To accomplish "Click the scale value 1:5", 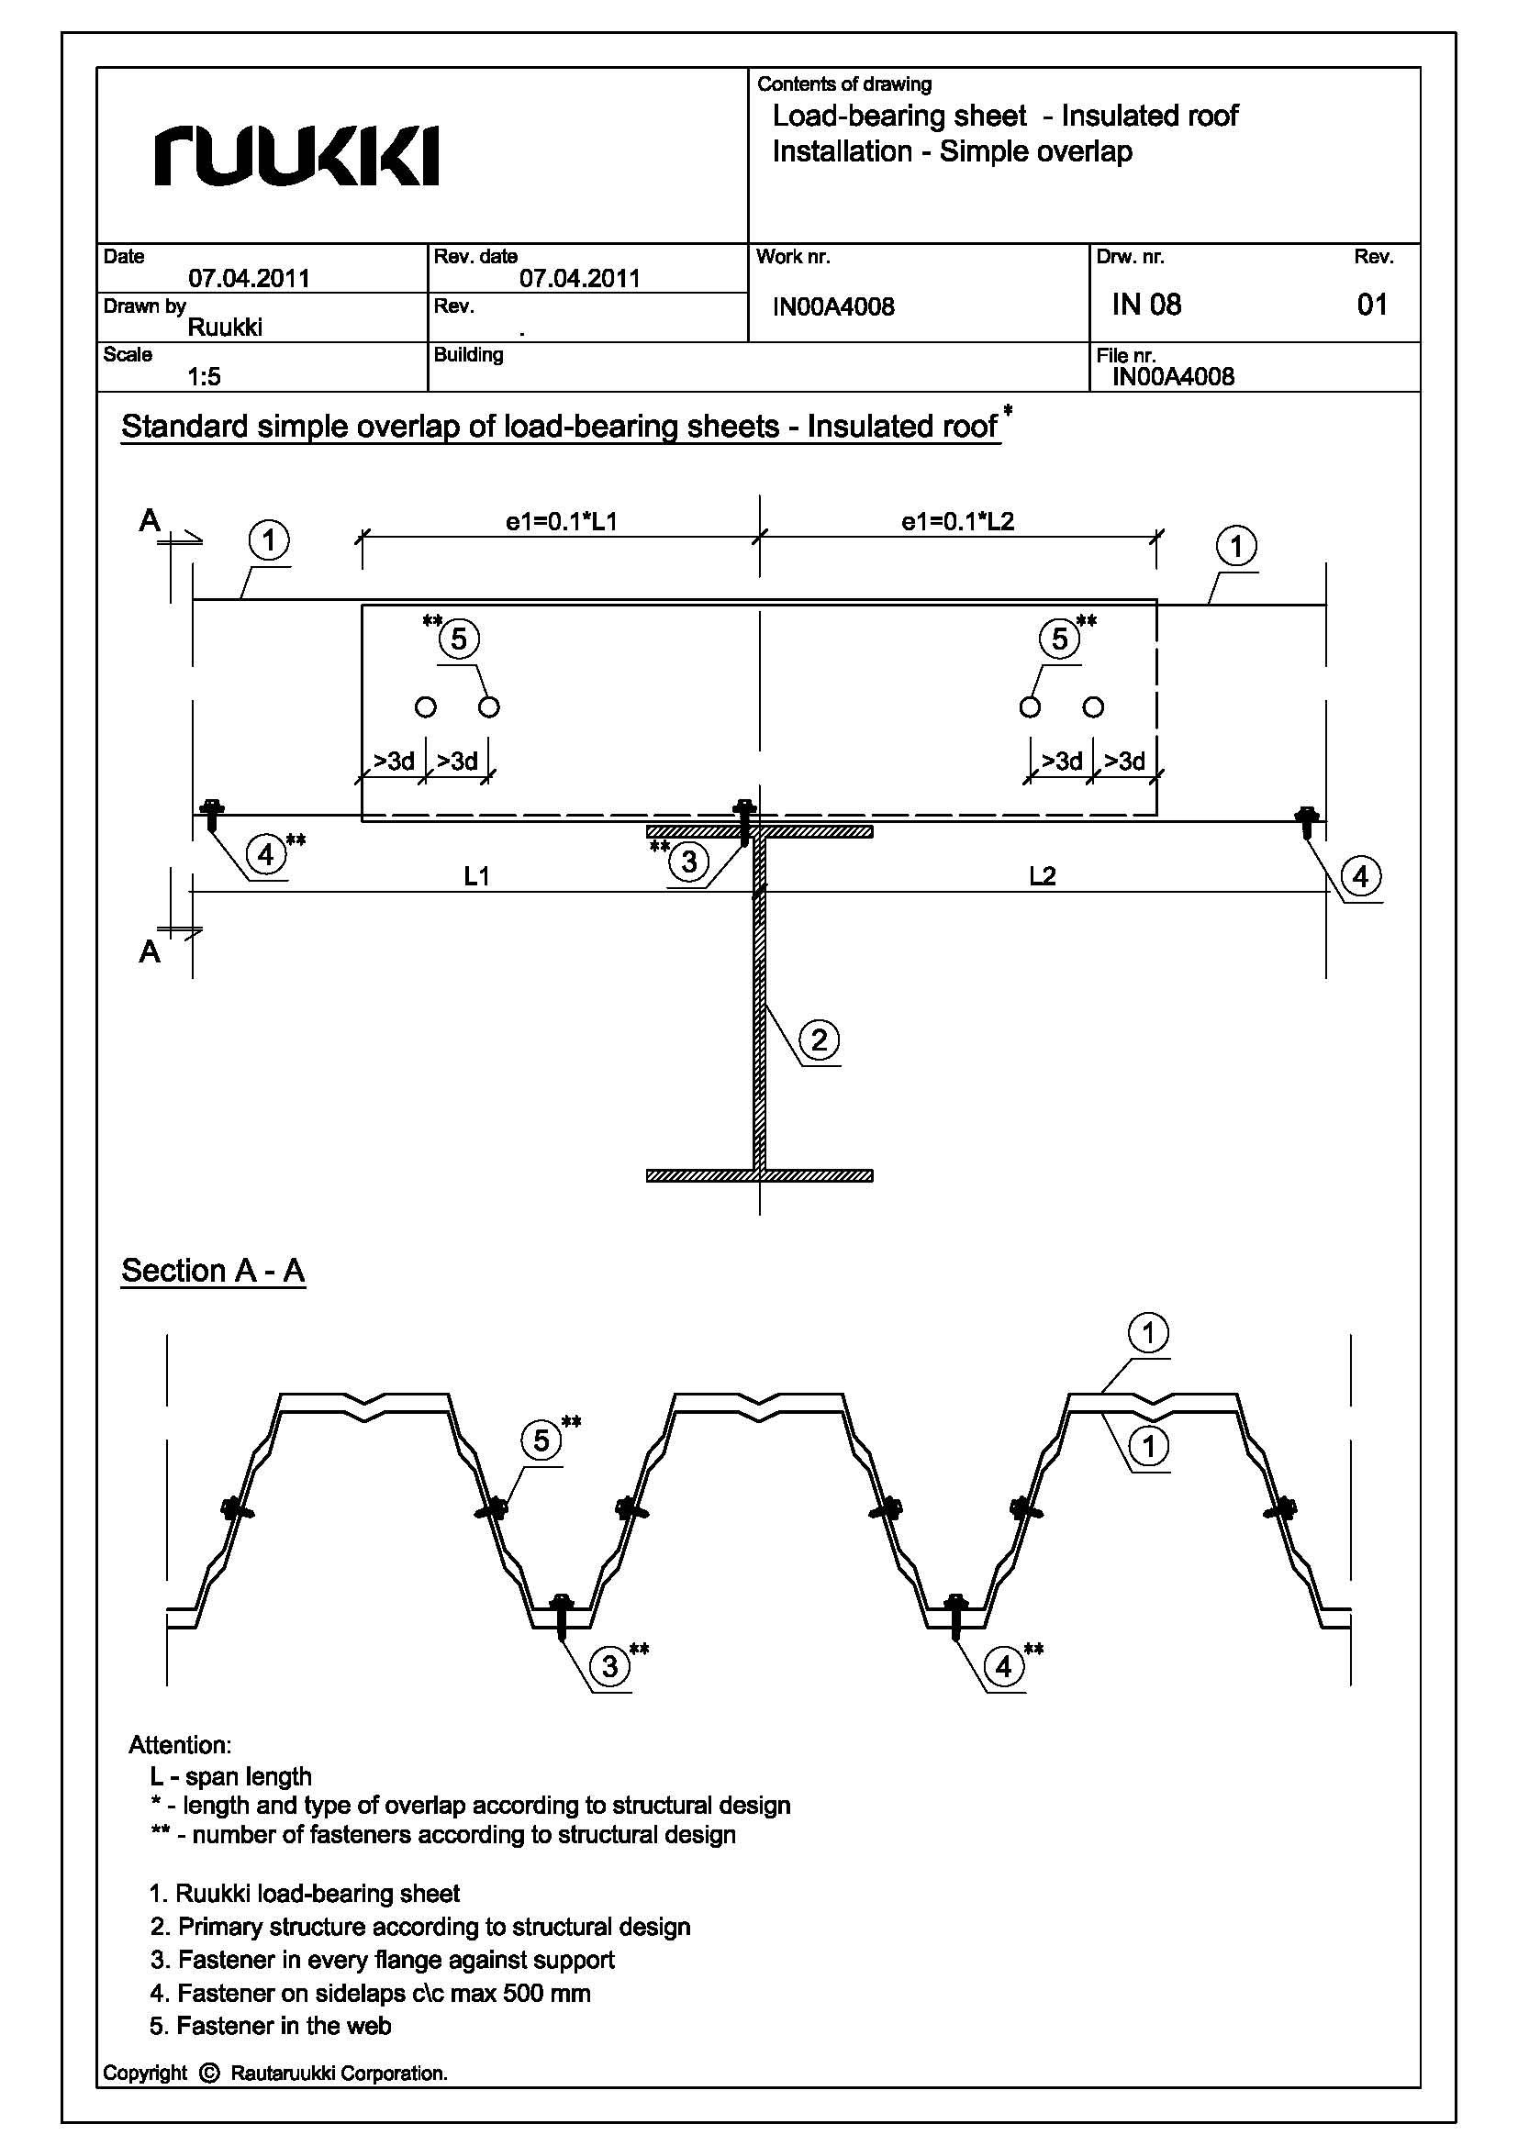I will [x=204, y=377].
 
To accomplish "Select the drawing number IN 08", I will [x=1146, y=305].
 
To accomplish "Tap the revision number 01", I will [x=1371, y=305].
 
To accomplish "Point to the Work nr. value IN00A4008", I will [x=832, y=306].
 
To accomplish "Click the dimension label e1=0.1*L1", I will [x=561, y=521].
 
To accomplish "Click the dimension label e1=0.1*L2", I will [x=957, y=521].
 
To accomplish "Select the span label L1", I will [x=476, y=876].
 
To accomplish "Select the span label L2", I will [x=1043, y=876].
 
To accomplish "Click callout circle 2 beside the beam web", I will [x=820, y=1040].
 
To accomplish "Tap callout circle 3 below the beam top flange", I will [x=689, y=861].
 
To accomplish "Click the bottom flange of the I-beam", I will [x=759, y=1176].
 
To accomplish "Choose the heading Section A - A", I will [x=213, y=1270].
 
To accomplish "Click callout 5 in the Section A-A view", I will [x=542, y=1440].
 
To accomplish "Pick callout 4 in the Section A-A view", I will [x=1004, y=1666].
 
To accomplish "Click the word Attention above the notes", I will [x=180, y=1745].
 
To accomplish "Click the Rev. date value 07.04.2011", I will [x=579, y=278].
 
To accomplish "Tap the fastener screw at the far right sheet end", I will [x=1307, y=820].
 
